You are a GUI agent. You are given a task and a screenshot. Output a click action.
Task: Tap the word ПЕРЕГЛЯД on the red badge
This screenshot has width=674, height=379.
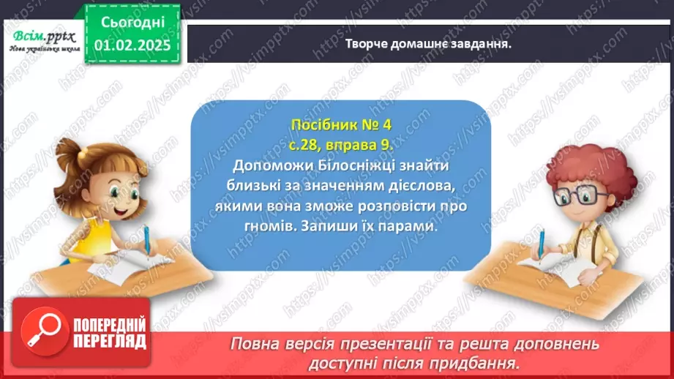[x=108, y=340]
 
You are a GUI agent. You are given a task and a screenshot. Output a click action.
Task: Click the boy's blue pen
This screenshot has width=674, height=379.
[x=542, y=242]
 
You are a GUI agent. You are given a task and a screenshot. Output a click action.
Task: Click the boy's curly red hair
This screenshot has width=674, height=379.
[x=579, y=162]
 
